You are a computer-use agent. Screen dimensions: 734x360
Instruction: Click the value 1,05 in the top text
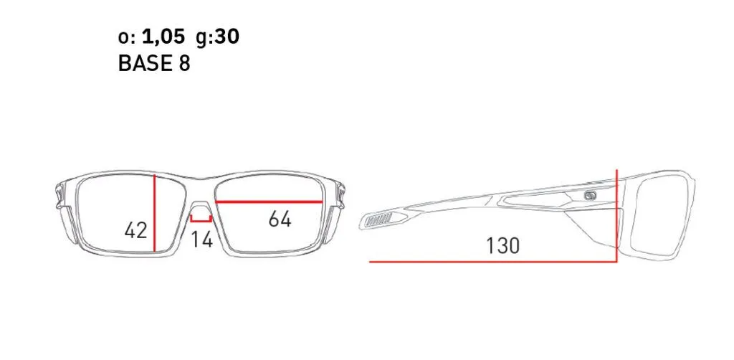point(163,37)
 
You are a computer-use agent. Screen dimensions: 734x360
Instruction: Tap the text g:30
point(218,37)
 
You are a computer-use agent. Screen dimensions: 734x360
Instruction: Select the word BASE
point(146,63)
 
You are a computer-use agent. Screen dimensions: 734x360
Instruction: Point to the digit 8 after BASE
point(184,63)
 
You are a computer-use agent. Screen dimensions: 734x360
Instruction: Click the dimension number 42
point(136,230)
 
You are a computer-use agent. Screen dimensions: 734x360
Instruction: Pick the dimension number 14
point(202,239)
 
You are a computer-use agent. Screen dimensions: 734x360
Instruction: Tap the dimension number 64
point(280,219)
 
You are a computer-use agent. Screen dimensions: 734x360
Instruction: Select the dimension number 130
point(502,246)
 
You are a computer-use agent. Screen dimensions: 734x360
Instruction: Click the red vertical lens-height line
point(155,213)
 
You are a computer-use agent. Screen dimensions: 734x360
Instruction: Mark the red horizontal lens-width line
point(269,202)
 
